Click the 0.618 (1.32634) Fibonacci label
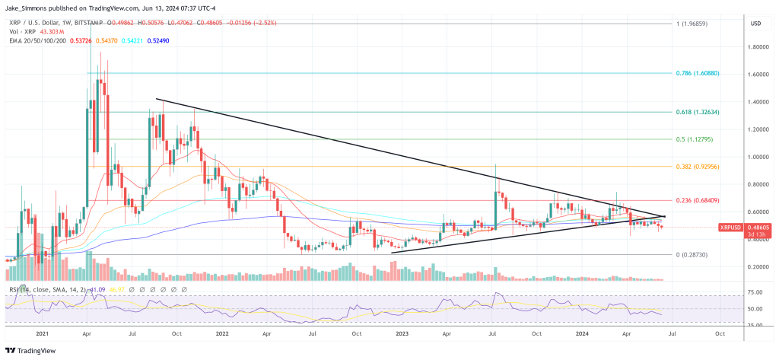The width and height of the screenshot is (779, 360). (x=697, y=112)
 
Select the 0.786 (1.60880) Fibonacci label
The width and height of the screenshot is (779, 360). (x=697, y=74)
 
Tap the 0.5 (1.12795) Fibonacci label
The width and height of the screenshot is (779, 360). (x=695, y=139)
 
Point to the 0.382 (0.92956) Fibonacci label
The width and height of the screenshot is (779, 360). (x=697, y=167)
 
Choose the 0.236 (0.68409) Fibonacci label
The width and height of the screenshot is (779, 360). (x=697, y=200)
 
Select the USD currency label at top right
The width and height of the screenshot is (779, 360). (x=755, y=24)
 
